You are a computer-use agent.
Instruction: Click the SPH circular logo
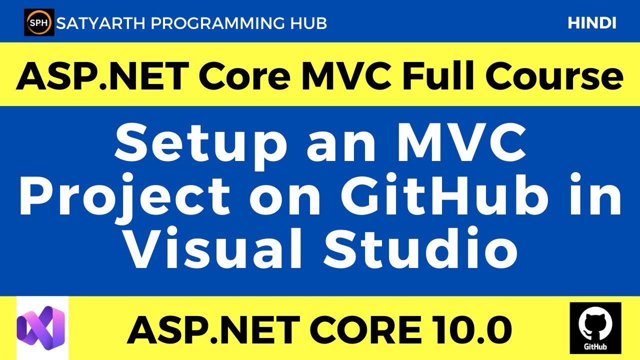pos(39,22)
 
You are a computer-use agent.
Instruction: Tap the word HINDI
pos(592,23)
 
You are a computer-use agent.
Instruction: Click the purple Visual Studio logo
pos(41,327)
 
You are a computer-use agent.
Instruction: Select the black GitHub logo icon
pos(595,327)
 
